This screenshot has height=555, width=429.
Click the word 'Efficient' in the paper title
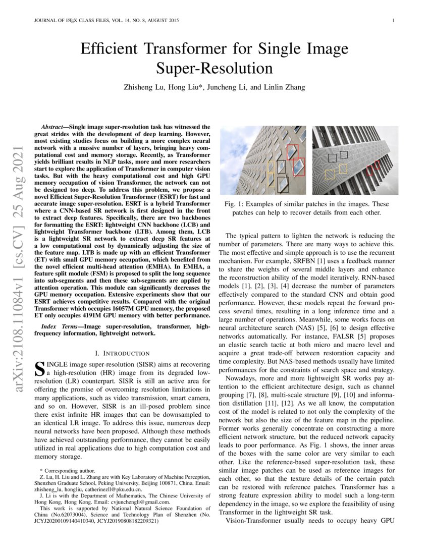pyautogui.click(x=112, y=49)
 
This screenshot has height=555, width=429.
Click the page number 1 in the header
pyautogui.click(x=393, y=21)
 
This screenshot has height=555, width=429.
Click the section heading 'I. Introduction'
pyautogui.click(x=122, y=353)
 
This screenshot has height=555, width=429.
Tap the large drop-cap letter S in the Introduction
pyautogui.click(x=38, y=369)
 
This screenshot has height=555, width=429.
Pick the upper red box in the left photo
pyautogui.click(x=292, y=151)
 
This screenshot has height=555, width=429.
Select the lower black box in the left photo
pyautogui.click(x=283, y=185)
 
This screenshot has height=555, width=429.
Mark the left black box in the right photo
pyautogui.click(x=332, y=158)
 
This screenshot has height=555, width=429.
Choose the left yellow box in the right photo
pyautogui.click(x=330, y=174)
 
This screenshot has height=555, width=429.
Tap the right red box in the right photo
pyautogui.click(x=377, y=164)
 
